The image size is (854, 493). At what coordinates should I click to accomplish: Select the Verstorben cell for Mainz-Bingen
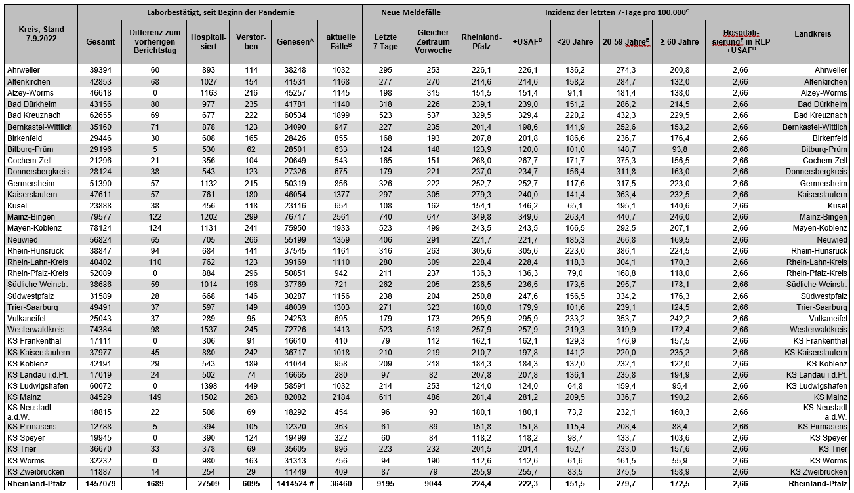(250, 217)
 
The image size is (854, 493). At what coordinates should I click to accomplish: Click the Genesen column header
(293, 41)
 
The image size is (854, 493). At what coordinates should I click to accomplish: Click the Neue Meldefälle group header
(410, 12)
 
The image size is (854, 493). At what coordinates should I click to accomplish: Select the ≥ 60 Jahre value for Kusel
(679, 206)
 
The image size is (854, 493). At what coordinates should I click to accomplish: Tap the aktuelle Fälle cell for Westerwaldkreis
(339, 328)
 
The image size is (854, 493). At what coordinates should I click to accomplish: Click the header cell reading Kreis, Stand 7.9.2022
(39, 33)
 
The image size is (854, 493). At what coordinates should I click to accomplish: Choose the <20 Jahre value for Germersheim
(575, 183)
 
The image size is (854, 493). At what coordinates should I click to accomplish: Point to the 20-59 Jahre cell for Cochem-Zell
(626, 161)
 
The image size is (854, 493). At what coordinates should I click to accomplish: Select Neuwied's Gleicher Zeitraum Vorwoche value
(432, 239)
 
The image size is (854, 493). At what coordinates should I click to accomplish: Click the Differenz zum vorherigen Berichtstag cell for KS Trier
(155, 448)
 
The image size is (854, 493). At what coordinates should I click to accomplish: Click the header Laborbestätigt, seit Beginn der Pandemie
(220, 12)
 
